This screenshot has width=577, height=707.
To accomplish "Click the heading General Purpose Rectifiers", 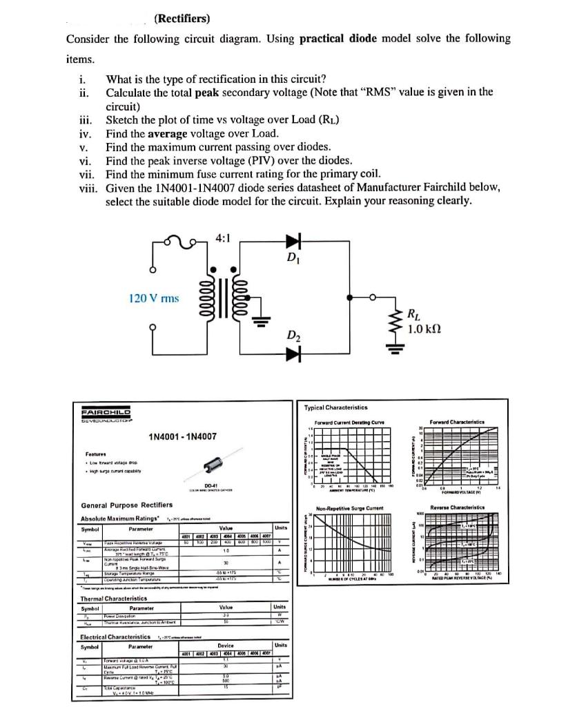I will (127, 505).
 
